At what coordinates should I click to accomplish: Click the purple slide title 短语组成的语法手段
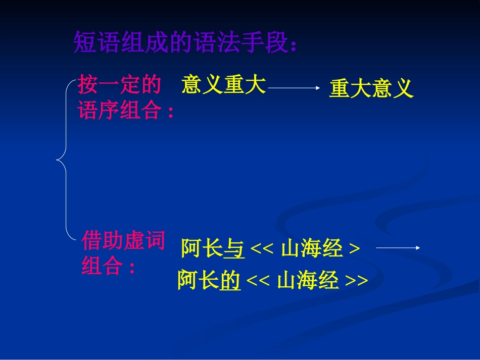[185, 42]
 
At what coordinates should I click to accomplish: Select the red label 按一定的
[119, 85]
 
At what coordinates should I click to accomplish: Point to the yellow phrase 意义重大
[223, 85]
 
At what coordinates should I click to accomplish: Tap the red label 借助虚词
[123, 241]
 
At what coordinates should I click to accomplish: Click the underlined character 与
[234, 249]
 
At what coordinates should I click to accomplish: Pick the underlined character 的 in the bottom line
[230, 280]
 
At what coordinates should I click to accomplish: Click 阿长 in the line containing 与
[202, 249]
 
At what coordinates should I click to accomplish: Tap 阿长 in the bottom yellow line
[198, 280]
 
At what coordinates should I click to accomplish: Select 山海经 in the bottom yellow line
[308, 280]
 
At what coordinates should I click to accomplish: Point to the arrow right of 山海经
[398, 247]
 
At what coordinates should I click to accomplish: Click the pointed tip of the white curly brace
[57, 161]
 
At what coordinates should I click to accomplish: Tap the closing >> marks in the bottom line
[357, 281]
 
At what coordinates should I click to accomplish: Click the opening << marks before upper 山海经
[262, 249]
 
